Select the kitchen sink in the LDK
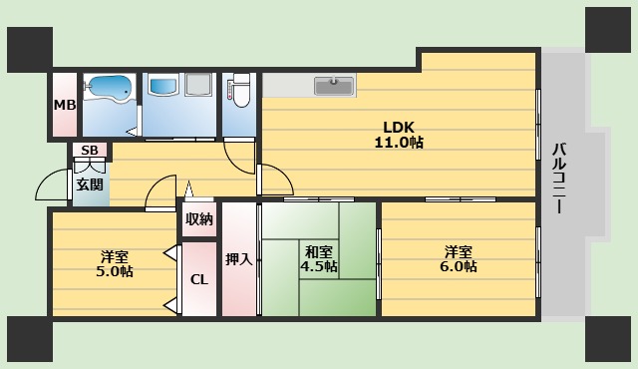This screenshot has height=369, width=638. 334,87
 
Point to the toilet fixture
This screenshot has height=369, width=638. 240,91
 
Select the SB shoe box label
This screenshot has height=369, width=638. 89,151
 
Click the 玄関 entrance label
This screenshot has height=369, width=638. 88,184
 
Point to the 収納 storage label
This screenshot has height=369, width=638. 198,219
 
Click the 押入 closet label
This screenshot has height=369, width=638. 238,259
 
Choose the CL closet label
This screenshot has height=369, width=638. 198,279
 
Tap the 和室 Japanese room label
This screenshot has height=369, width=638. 320,251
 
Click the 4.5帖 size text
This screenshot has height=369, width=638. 320,267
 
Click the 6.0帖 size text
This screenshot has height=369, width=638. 458,266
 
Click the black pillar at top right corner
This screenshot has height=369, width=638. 608,29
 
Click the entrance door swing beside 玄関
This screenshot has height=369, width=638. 52,186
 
